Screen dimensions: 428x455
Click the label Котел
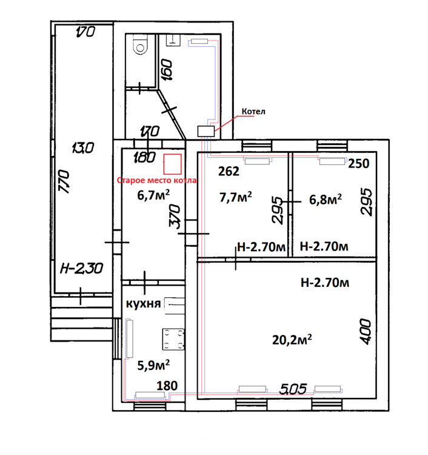[253, 112]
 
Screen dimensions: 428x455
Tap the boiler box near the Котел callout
[206, 131]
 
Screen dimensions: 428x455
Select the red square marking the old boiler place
[173, 164]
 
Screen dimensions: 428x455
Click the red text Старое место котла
[156, 180]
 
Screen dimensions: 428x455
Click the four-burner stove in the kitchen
[173, 339]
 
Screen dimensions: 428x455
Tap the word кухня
[143, 304]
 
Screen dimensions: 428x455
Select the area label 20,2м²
[292, 340]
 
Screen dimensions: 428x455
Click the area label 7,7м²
[235, 197]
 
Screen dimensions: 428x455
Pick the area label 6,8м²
[326, 200]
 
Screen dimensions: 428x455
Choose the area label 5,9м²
[153, 365]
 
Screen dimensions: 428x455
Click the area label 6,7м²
[153, 195]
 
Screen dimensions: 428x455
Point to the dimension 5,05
[293, 389]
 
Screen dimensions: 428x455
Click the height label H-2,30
[81, 268]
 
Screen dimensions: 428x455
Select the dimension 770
[64, 181]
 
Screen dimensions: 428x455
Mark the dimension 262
[229, 171]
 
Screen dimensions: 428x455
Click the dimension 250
[359, 164]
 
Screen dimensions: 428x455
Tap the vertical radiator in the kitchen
[130, 339]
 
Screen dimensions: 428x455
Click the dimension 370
[175, 217]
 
